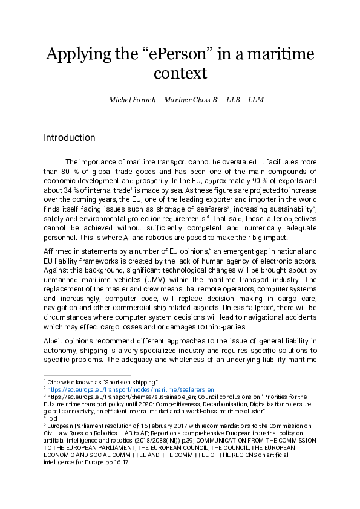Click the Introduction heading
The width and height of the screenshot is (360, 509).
69,138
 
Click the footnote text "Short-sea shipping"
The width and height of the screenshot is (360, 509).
130,382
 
